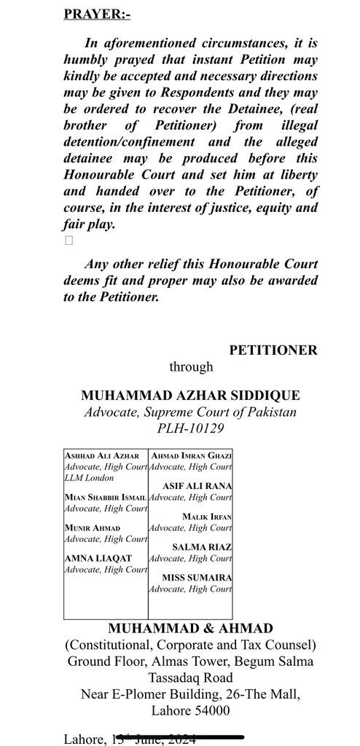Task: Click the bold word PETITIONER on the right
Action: point(273,350)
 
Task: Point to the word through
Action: point(192,367)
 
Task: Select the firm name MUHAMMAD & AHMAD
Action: point(192,628)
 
